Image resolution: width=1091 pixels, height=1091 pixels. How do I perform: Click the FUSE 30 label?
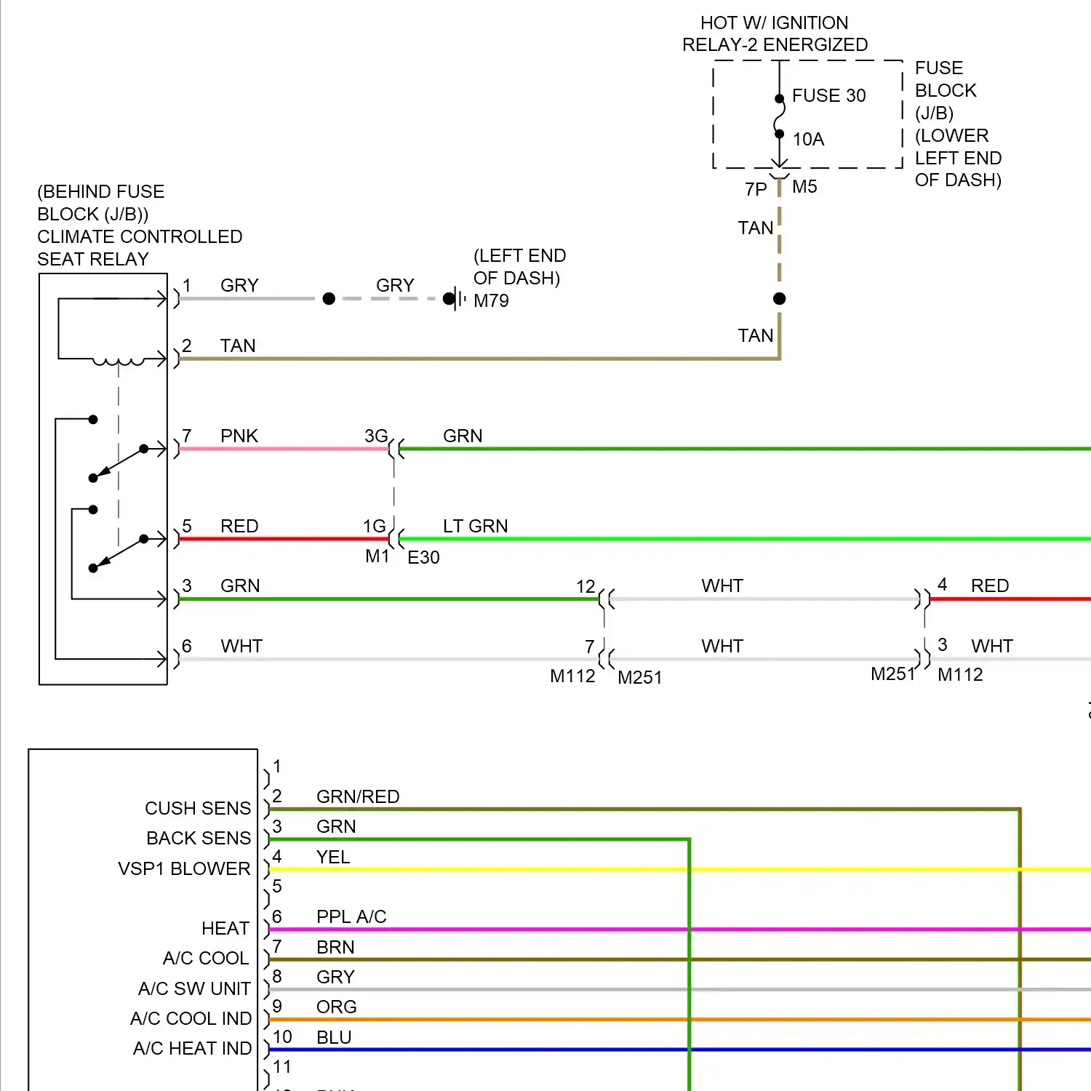pyautogui.click(x=828, y=96)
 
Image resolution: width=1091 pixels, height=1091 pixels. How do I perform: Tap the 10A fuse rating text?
pyautogui.click(x=808, y=140)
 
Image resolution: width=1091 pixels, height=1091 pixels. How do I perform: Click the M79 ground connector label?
pyautogui.click(x=491, y=301)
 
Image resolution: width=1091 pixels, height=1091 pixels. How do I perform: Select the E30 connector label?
pyautogui.click(x=423, y=558)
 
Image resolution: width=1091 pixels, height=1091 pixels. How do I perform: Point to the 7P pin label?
pyautogui.click(x=756, y=189)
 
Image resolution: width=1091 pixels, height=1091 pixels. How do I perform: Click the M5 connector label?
pyautogui.click(x=804, y=187)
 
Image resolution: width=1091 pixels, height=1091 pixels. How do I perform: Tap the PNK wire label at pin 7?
pyautogui.click(x=239, y=436)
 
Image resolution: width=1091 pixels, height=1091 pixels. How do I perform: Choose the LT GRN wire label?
pyautogui.click(x=475, y=526)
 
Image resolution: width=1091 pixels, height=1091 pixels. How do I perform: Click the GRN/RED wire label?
pyautogui.click(x=358, y=796)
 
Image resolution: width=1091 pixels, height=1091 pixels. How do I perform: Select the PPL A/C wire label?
pyautogui.click(x=351, y=916)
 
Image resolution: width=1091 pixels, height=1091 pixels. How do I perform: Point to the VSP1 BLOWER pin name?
pyautogui.click(x=184, y=868)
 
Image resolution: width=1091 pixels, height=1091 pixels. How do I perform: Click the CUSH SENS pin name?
pyautogui.click(x=198, y=808)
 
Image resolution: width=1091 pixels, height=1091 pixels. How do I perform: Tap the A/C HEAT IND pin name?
pyautogui.click(x=192, y=1048)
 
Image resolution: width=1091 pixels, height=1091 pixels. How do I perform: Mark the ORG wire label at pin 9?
pyautogui.click(x=336, y=1007)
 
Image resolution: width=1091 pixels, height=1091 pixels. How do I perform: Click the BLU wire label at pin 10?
pyautogui.click(x=334, y=1037)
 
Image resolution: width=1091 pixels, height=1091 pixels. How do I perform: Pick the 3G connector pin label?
pyautogui.click(x=375, y=436)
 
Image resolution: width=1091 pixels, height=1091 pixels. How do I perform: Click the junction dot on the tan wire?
pyautogui.click(x=779, y=298)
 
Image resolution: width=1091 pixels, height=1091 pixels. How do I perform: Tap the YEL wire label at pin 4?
pyautogui.click(x=333, y=857)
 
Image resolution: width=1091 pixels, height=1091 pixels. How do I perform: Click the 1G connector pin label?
pyautogui.click(x=374, y=526)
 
